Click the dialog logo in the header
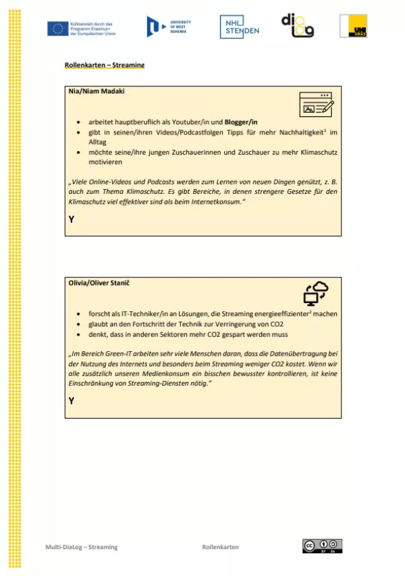point(298,26)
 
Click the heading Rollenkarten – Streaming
point(105,66)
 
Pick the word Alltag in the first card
point(99,142)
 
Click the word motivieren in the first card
point(106,162)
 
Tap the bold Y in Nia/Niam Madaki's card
point(72,219)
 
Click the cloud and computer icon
point(315,294)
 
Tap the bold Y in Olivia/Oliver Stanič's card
point(72,401)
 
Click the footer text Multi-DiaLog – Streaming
point(82,547)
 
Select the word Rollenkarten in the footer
point(220,547)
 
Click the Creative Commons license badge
point(322,546)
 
